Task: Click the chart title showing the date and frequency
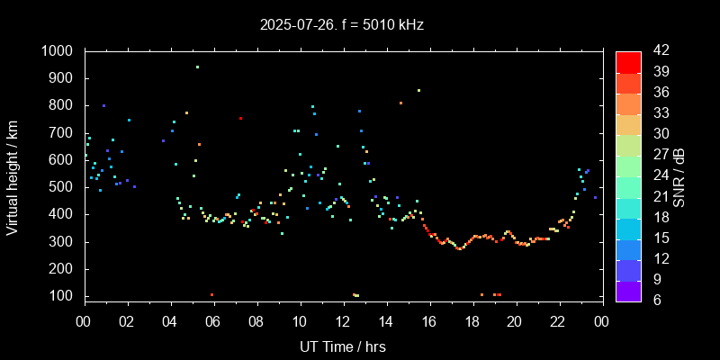click(360, 24)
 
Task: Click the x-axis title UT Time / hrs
click(343, 346)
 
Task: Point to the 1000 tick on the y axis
click(58, 51)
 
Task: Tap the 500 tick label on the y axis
click(63, 187)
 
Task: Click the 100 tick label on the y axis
click(63, 296)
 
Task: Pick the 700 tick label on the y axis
click(63, 133)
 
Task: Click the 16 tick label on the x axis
click(429, 320)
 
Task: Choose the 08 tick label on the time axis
click(256, 320)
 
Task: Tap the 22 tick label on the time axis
click(558, 320)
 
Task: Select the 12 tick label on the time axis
click(343, 320)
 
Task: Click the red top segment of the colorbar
click(628, 61)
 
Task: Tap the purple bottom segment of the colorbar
click(628, 290)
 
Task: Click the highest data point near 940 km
click(198, 67)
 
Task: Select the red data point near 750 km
click(240, 118)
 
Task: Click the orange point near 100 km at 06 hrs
click(212, 294)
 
